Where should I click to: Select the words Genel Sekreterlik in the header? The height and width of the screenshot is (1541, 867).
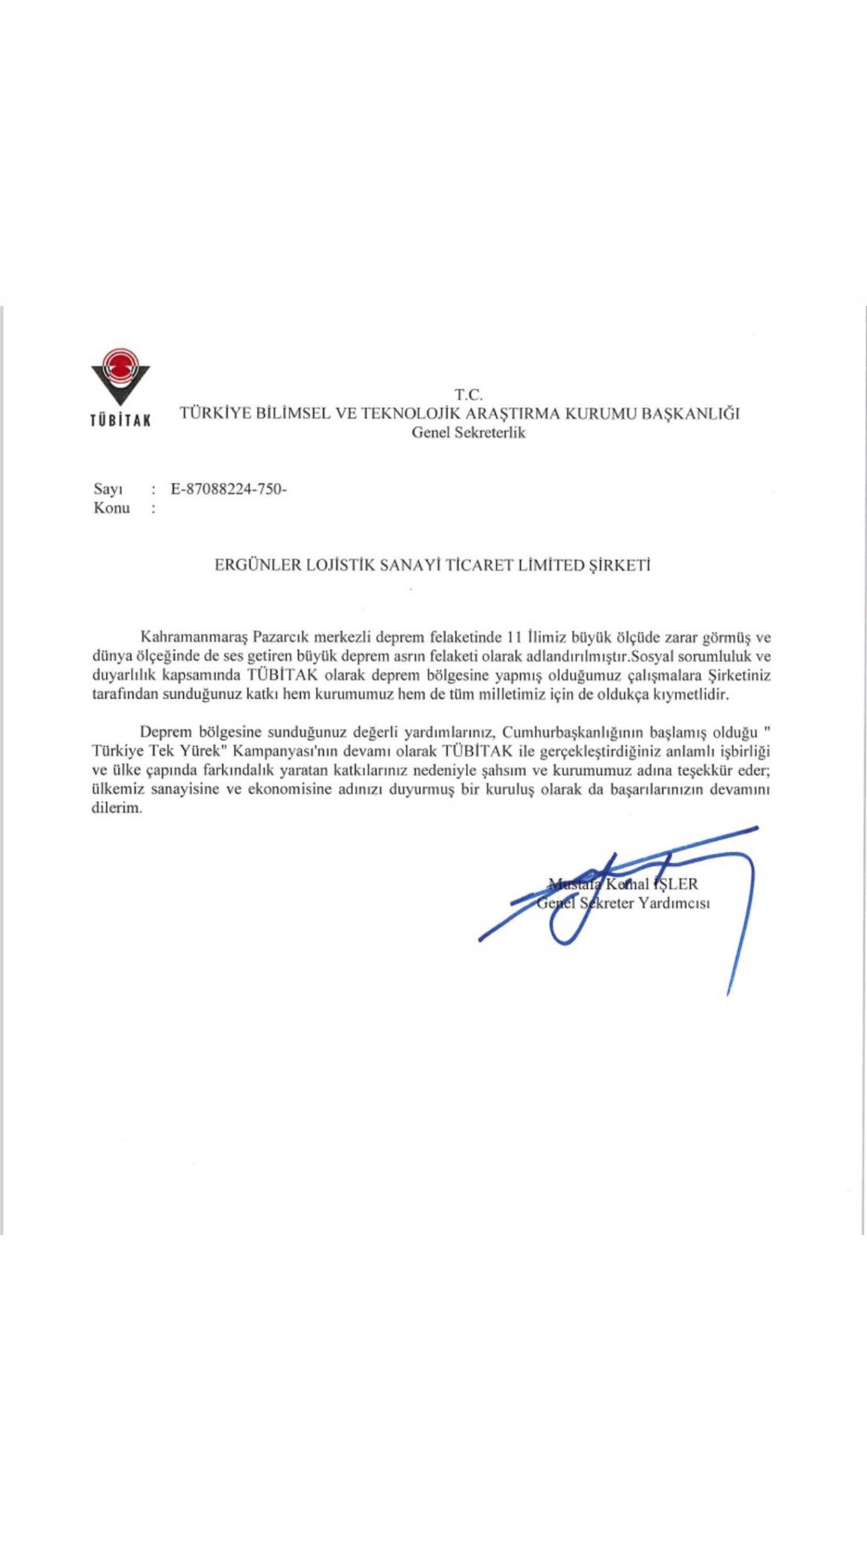coord(467,433)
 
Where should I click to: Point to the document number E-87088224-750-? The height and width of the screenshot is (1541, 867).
coord(229,489)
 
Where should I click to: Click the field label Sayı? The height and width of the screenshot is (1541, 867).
coord(108,489)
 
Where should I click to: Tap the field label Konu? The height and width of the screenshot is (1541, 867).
coord(111,508)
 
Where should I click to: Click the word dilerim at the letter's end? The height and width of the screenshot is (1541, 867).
coord(117,808)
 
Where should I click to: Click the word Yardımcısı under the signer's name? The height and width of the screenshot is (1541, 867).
coord(674,903)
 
